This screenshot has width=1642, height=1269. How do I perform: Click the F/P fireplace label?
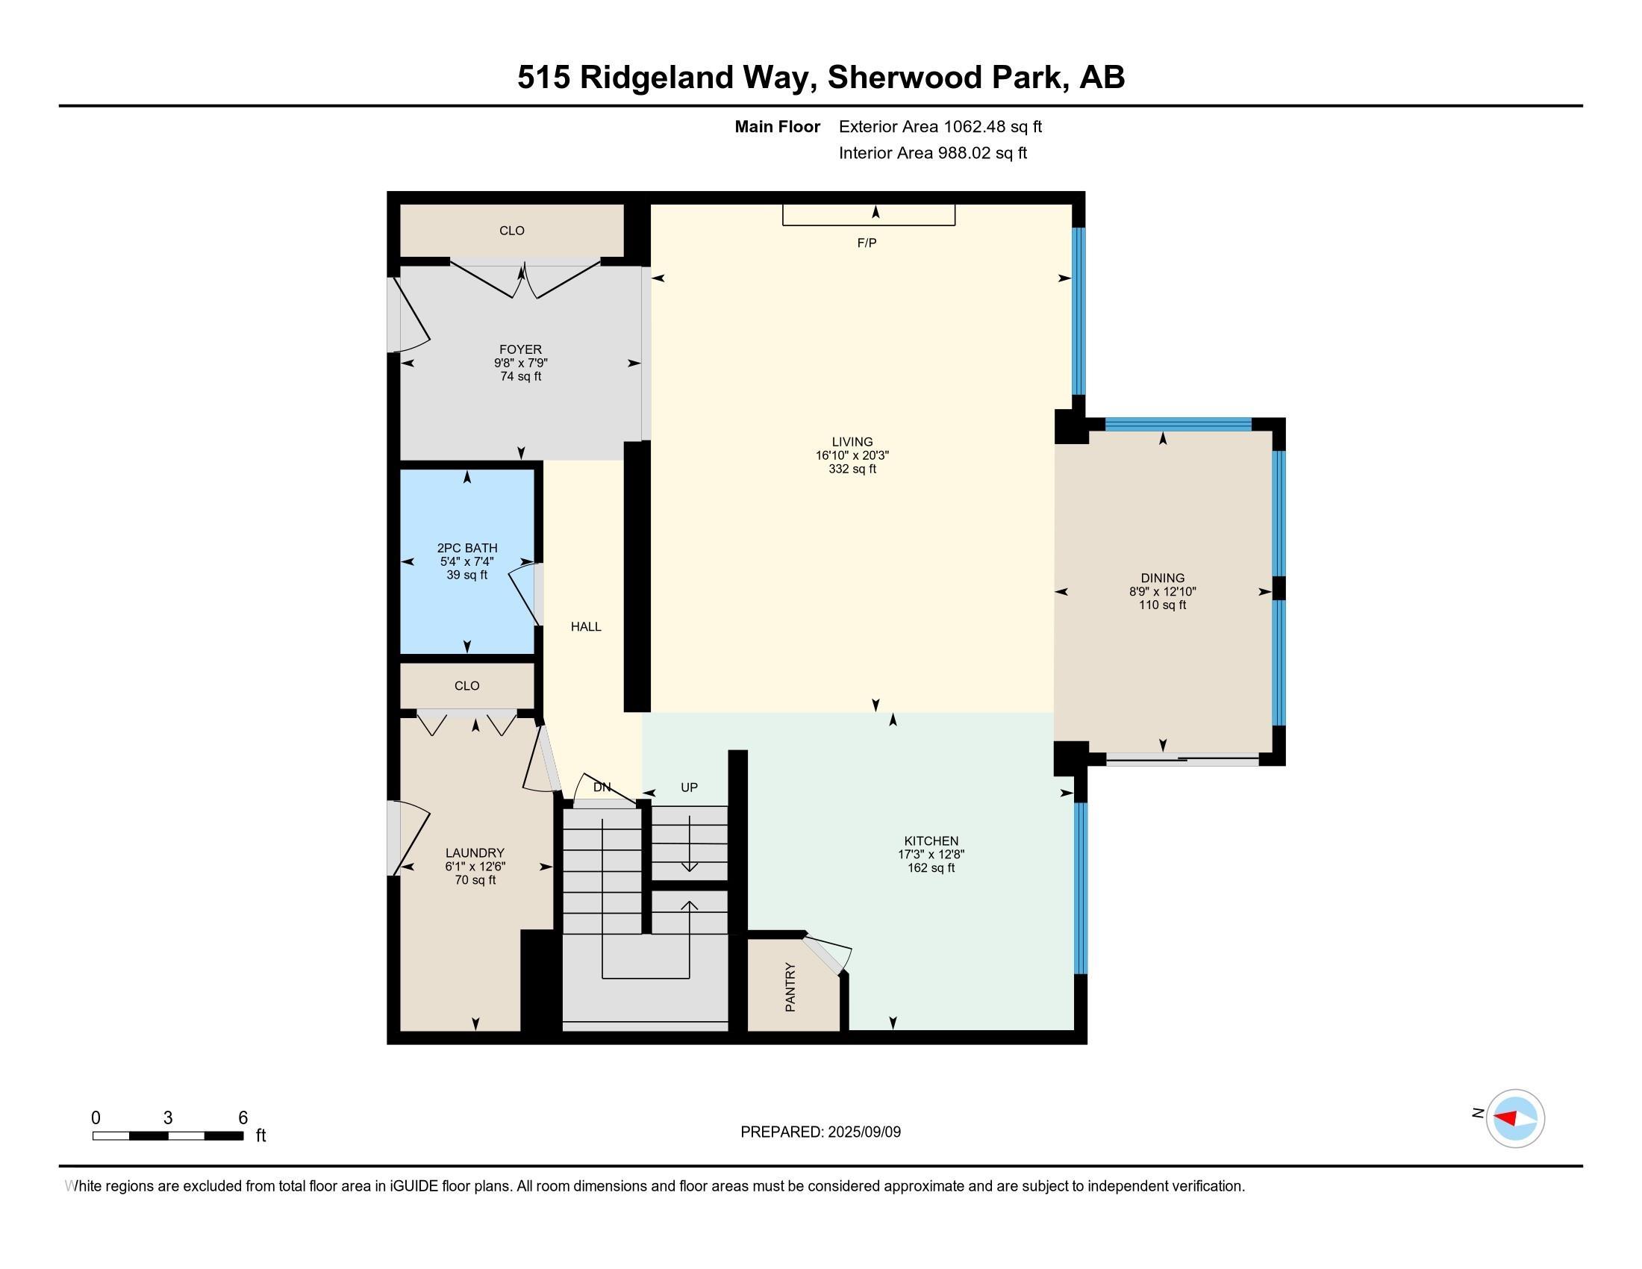coord(867,243)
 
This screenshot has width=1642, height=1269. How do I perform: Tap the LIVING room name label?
coord(852,442)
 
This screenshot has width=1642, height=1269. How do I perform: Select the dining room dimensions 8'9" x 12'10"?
coord(1162,592)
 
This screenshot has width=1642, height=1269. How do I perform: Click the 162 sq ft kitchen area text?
coord(931,867)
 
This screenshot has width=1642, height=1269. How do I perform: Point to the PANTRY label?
coord(790,986)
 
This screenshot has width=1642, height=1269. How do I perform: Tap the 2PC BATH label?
coord(467,548)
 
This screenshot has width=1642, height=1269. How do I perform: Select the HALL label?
coord(586,626)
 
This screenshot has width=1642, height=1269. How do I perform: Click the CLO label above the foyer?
coord(512,231)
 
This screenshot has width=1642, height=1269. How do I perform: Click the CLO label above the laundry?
coord(467,685)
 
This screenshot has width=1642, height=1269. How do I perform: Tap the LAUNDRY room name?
coord(475,852)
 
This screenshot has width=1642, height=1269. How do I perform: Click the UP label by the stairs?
coord(689,787)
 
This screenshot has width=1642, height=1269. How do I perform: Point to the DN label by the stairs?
coord(602,787)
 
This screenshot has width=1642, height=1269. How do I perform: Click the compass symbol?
coord(1515,1119)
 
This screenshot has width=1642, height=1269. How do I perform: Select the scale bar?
coord(168,1135)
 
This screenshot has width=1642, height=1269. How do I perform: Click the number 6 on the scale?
coord(243,1118)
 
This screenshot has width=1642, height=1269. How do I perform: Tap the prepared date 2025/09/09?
coord(863,1132)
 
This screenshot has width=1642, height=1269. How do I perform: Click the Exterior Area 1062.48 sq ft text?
coord(940,126)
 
